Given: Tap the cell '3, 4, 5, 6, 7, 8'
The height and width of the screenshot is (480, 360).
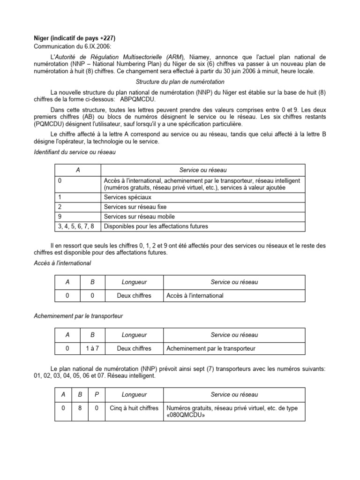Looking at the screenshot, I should (x=77, y=226).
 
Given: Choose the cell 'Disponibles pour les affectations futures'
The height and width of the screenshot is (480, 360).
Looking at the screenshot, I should (x=156, y=226).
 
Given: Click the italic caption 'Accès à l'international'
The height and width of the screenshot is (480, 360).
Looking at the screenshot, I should (x=63, y=263).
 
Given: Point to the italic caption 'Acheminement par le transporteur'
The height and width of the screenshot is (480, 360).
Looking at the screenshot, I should (x=79, y=316).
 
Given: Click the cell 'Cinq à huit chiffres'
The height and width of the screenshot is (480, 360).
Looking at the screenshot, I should (x=134, y=408).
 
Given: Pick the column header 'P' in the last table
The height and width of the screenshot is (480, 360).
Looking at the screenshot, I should (x=97, y=395).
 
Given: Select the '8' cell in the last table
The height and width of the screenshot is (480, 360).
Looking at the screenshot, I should (x=80, y=408).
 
